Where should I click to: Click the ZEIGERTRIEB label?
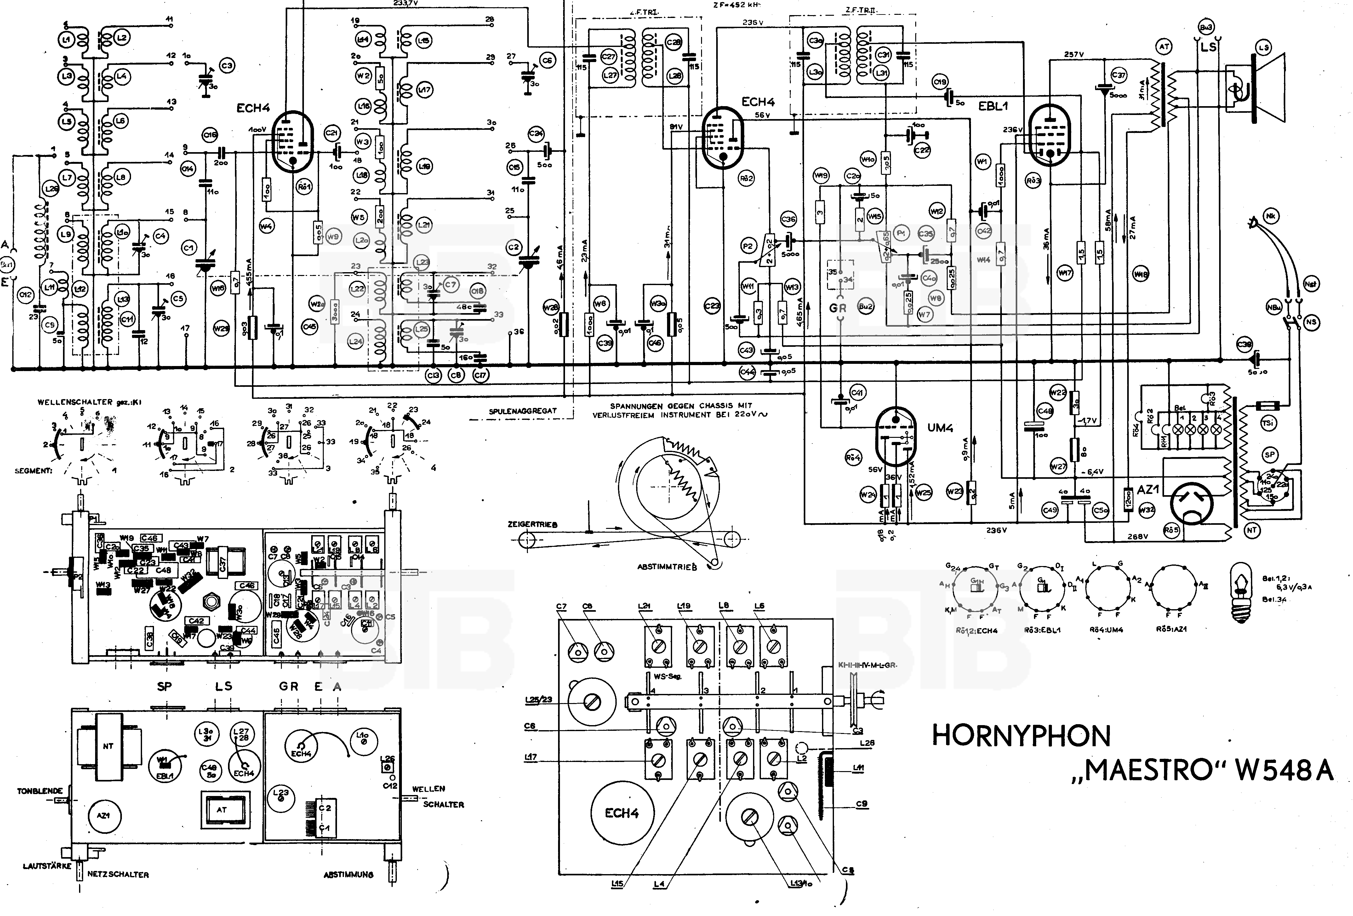point(532,524)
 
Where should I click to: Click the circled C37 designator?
point(1118,75)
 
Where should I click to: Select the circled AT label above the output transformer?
point(1164,47)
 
